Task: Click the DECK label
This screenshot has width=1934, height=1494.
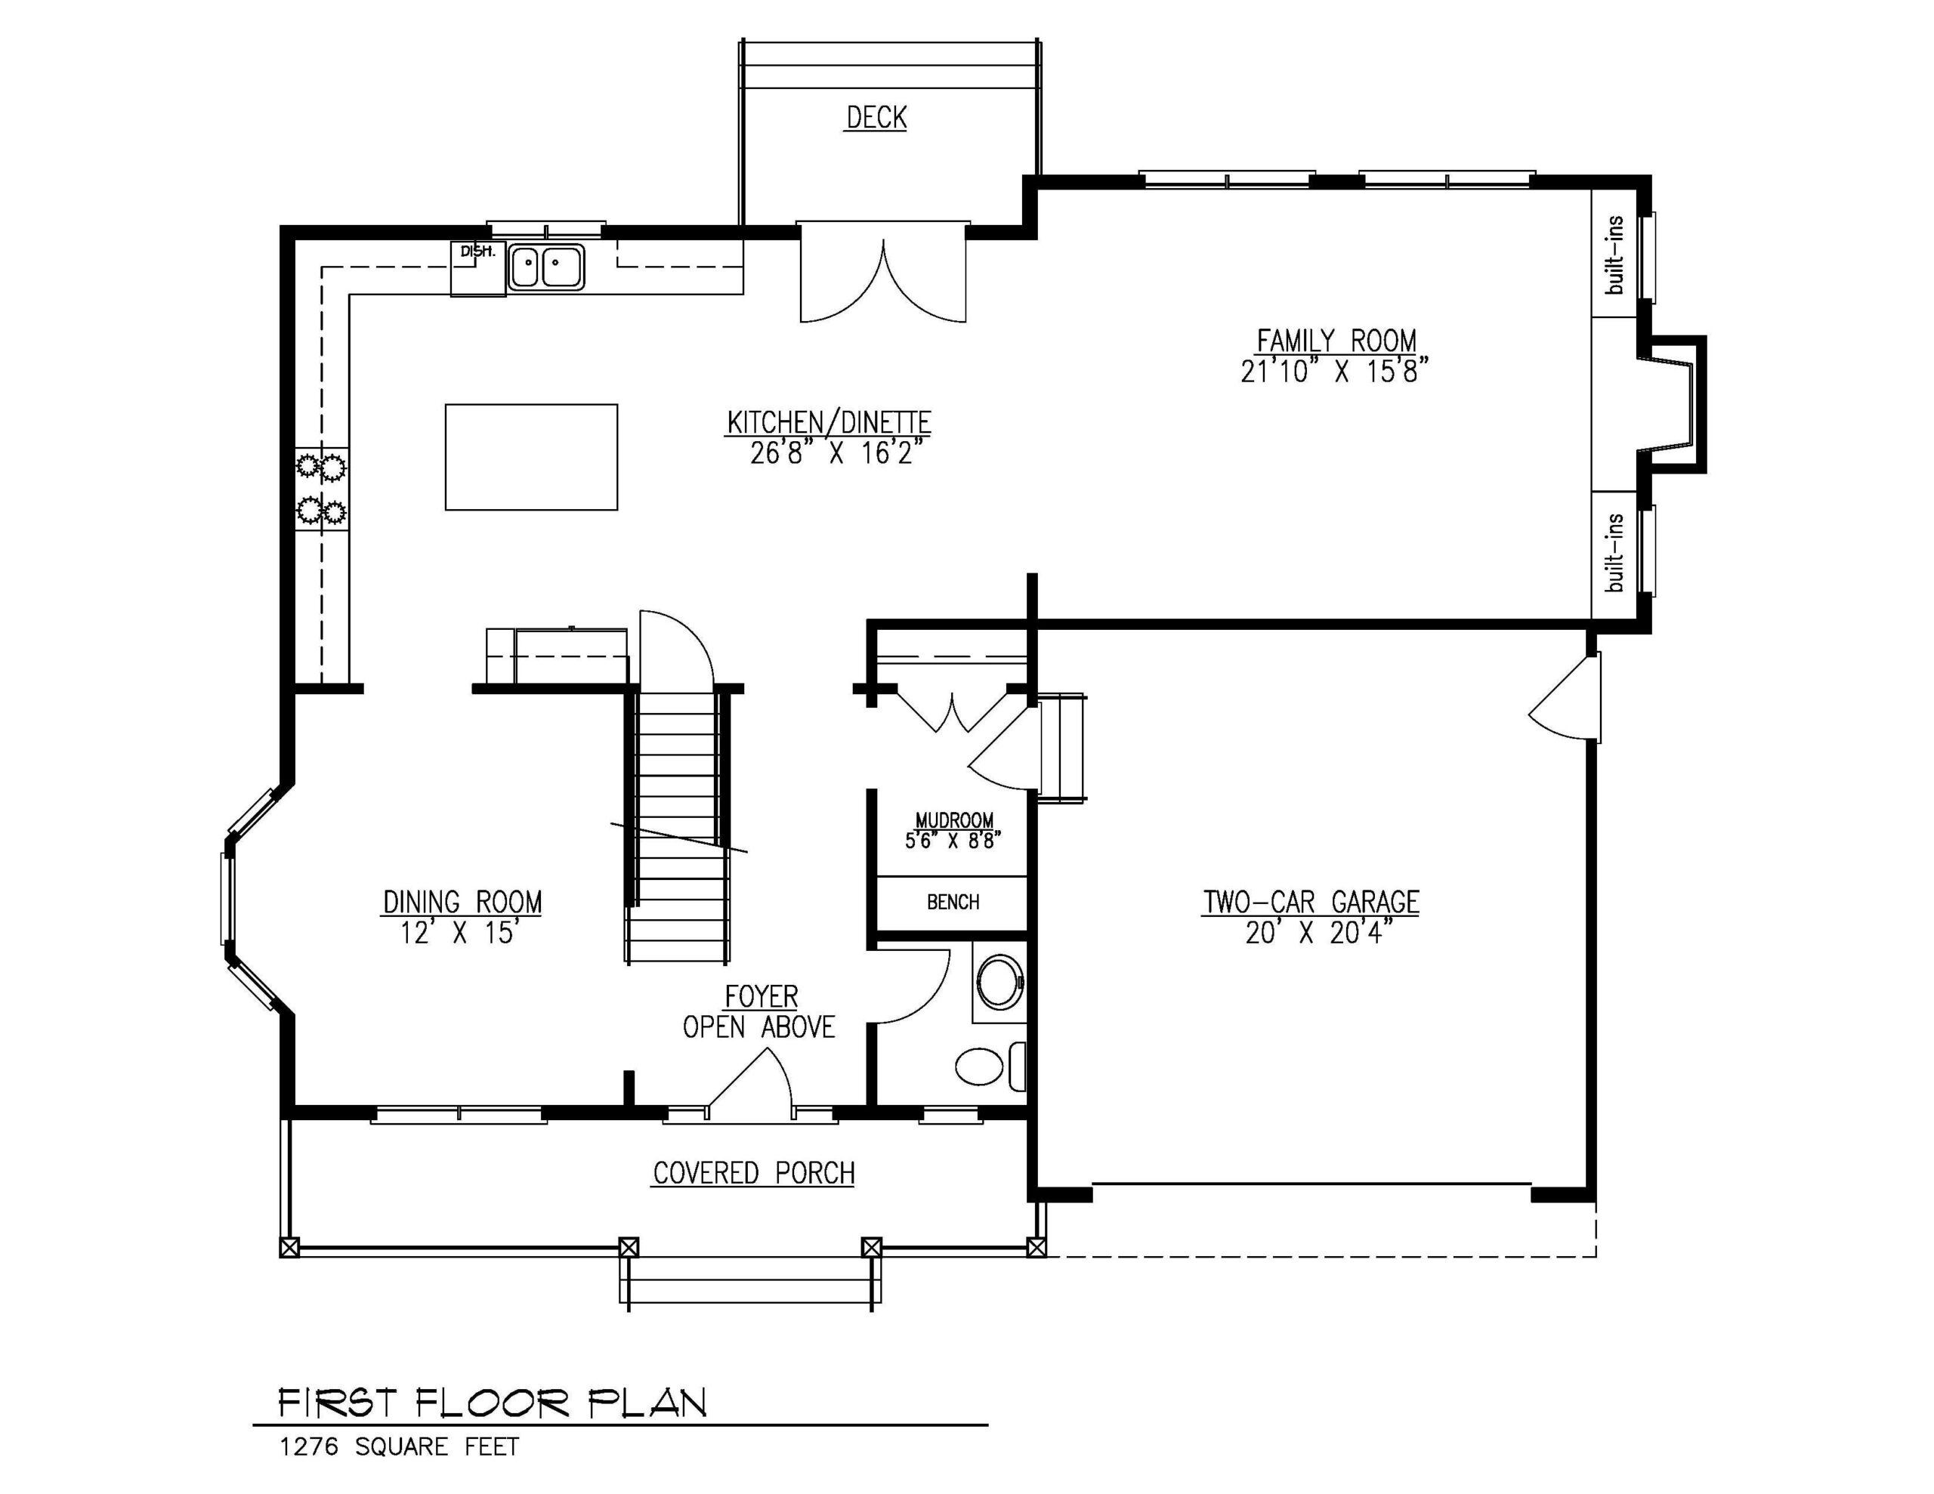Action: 876,118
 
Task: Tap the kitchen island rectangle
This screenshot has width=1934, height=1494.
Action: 531,457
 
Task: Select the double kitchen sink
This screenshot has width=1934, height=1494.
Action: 545,267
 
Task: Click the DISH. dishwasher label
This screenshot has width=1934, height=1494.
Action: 477,252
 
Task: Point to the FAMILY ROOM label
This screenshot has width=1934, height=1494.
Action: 1336,340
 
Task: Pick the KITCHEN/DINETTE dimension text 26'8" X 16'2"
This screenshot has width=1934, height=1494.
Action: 830,453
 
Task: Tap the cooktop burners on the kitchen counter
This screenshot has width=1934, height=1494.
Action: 321,489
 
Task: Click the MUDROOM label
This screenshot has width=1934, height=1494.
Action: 953,821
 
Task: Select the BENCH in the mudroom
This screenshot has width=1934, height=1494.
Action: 953,903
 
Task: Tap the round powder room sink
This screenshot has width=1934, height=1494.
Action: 999,981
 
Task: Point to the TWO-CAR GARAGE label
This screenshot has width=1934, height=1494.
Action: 1311,903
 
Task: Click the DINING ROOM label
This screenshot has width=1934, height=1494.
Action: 462,903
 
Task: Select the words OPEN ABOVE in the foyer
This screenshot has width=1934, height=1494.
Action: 759,1027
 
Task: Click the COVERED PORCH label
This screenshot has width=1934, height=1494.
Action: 754,1174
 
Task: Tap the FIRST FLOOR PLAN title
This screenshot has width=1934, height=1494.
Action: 493,1403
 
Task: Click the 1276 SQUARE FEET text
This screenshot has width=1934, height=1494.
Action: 400,1447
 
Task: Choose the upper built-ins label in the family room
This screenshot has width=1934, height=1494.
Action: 1615,255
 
